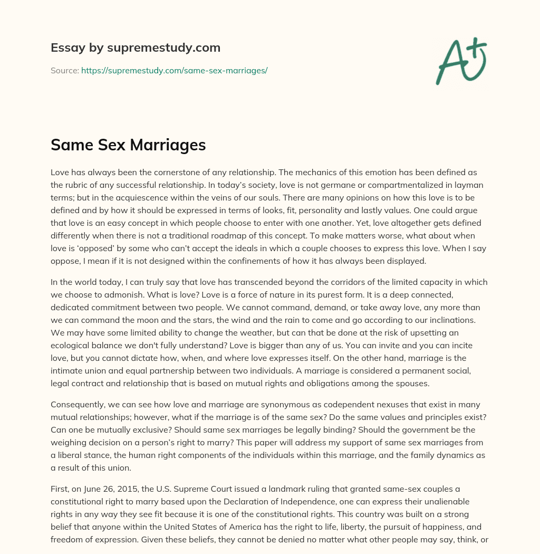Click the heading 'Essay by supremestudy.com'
coord(136,48)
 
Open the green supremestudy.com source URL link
coord(174,70)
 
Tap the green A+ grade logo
coord(461,61)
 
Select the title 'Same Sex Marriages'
coord(128,145)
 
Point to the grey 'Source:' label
coord(65,70)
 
